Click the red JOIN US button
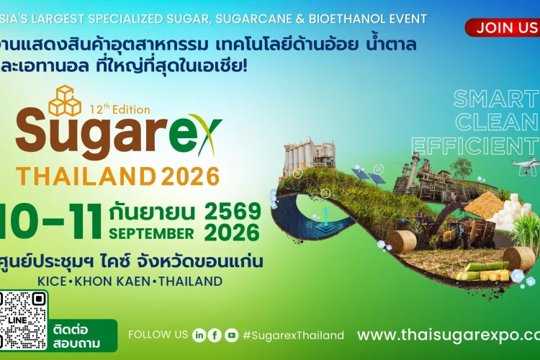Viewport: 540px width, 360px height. pos(506,28)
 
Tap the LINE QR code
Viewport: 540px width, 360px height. pos(23,320)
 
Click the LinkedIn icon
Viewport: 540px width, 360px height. pos(199,335)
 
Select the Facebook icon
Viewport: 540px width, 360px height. pos(215,335)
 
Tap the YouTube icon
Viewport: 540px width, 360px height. pos(231,335)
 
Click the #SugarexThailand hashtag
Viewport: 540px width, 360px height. pos(293,335)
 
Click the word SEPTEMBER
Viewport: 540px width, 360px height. pos(151,233)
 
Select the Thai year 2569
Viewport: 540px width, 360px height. pos(232,212)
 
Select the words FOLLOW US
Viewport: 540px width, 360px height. pos(158,335)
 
